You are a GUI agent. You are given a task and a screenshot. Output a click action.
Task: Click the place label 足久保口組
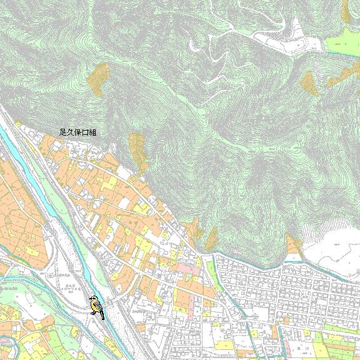tap(77, 132)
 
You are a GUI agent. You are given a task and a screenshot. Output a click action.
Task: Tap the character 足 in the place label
tap(62, 132)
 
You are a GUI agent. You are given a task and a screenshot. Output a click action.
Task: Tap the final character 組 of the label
tap(93, 132)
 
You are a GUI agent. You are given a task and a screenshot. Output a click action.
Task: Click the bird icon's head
tap(94, 301)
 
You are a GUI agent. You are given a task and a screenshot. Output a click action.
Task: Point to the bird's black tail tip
tap(102, 317)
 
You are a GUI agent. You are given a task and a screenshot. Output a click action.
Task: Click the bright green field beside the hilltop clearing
tap(342, 44)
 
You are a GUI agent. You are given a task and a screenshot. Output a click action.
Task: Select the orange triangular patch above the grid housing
tap(292, 244)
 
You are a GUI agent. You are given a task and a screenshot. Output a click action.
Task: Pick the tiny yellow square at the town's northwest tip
tap(19, 124)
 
